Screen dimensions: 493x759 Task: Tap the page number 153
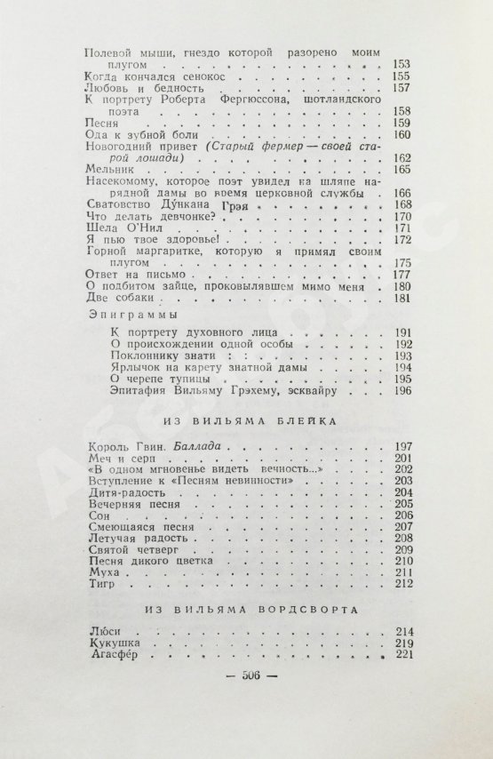tap(401, 66)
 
